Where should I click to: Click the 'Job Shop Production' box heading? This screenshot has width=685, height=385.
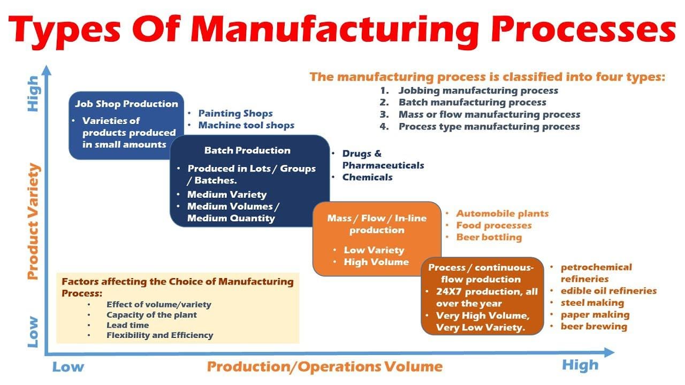click(x=126, y=104)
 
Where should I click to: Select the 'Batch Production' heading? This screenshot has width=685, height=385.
click(x=247, y=150)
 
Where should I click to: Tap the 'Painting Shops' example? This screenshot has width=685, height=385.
click(x=235, y=113)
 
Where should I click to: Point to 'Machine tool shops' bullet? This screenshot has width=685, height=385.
click(x=246, y=125)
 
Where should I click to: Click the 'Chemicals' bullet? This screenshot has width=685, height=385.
click(x=368, y=177)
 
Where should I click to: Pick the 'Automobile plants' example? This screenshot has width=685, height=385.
click(x=502, y=213)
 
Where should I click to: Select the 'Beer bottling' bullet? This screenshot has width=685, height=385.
click(x=489, y=237)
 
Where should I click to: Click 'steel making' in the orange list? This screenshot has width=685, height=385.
click(x=592, y=303)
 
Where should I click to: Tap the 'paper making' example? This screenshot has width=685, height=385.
click(x=595, y=314)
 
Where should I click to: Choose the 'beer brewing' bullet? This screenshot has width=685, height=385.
click(x=593, y=326)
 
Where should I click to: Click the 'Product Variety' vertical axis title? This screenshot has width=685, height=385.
click(x=33, y=222)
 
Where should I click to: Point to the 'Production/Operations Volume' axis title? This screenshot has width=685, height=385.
click(x=325, y=367)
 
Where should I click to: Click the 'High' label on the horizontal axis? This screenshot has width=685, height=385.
click(x=580, y=366)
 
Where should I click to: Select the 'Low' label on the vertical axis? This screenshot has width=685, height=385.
click(x=33, y=332)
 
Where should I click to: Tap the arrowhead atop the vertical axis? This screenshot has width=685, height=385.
click(x=47, y=70)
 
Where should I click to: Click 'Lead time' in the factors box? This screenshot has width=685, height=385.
click(x=127, y=325)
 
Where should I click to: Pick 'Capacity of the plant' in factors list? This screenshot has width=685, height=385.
click(x=151, y=315)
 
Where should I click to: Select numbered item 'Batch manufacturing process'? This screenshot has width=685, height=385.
click(x=472, y=102)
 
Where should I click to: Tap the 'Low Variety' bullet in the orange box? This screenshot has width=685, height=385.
click(x=374, y=250)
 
